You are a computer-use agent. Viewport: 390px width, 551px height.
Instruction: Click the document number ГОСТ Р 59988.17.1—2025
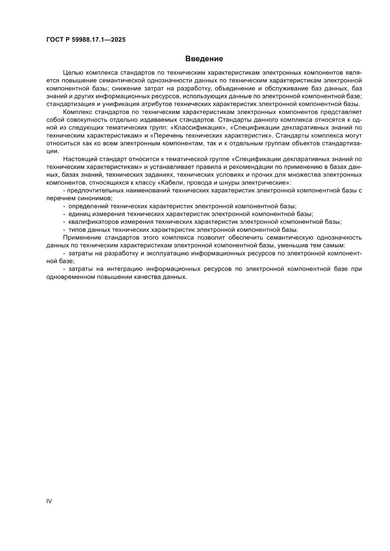[86, 40]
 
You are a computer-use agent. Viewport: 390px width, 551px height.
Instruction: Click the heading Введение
[204, 59]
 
